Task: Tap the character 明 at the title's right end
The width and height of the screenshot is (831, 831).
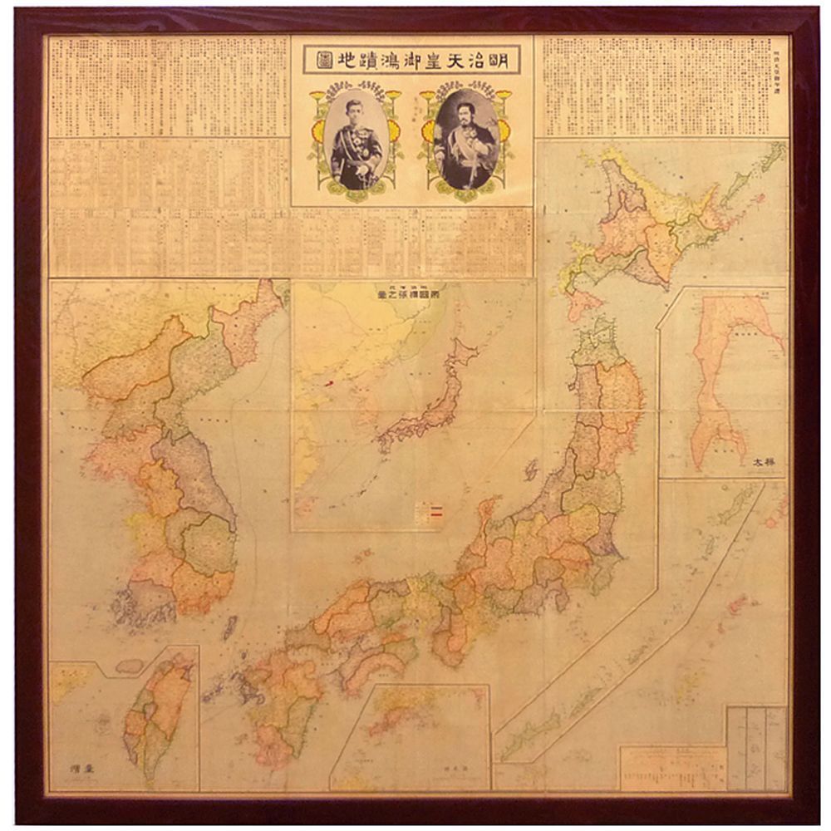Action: tap(509, 60)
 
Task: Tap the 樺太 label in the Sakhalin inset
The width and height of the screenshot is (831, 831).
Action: tap(764, 463)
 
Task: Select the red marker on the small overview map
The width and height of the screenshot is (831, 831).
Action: tap(327, 384)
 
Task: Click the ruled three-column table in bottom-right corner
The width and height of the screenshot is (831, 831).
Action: tap(756, 748)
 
